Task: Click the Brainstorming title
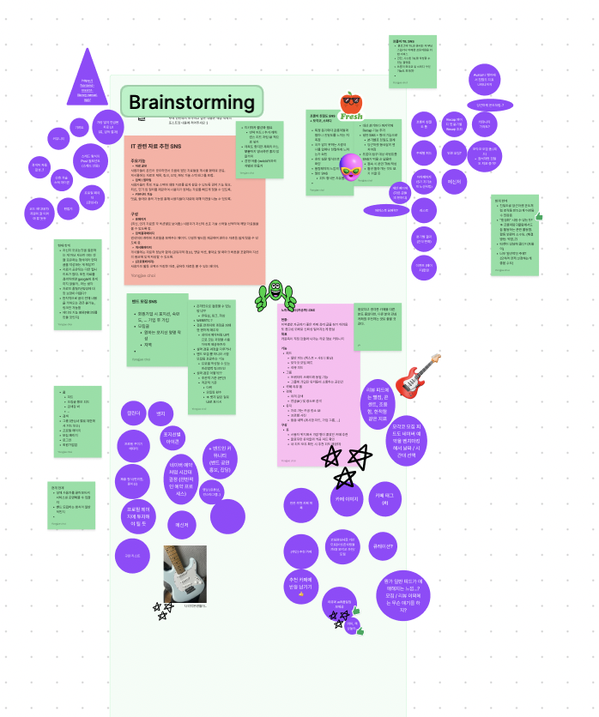pyautogui.click(x=191, y=103)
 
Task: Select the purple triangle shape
pyautogui.click(x=86, y=80)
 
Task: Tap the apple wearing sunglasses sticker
pyautogui.click(x=350, y=105)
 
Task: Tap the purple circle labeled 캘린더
pyautogui.click(x=133, y=414)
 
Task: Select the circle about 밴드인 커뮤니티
pyautogui.click(x=218, y=455)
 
